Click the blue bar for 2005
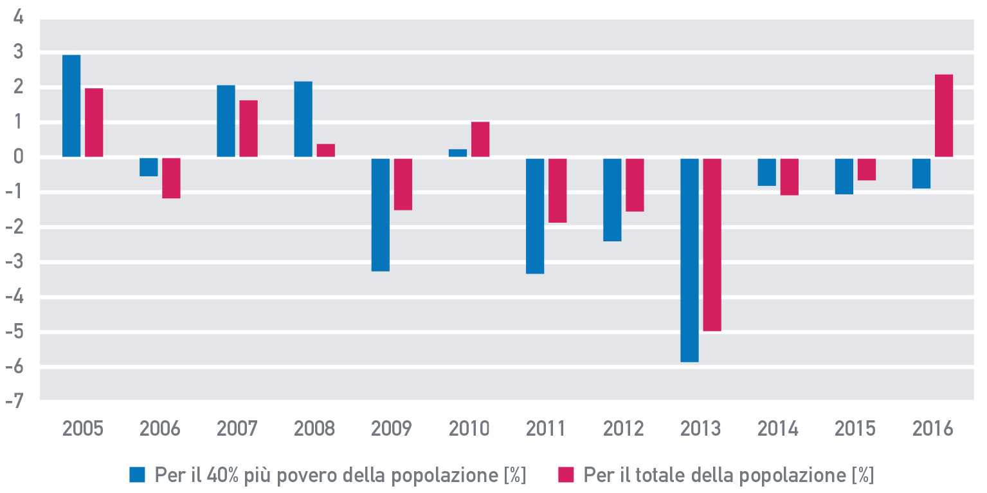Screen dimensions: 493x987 [71, 106]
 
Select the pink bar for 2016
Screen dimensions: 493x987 [944, 116]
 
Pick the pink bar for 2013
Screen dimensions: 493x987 [712, 245]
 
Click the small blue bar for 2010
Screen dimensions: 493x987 [458, 153]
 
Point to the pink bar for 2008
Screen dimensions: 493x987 [326, 151]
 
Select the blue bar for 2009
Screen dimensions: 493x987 [381, 214]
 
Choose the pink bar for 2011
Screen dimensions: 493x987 [557, 190]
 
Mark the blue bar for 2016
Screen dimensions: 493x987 [921, 172]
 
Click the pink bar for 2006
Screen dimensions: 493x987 [171, 178]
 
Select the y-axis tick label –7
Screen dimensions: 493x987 [17, 400]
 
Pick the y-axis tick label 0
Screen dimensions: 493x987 [18, 157]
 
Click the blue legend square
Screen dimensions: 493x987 [138, 475]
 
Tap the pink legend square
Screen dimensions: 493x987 [565, 475]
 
